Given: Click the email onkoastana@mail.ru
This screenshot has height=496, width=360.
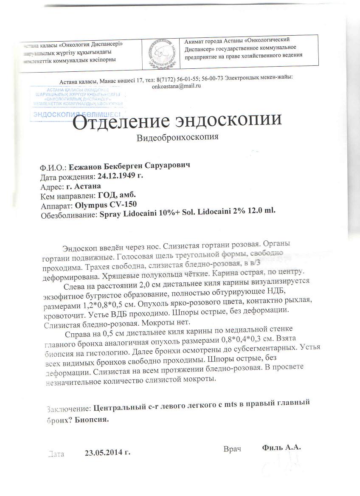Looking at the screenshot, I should pyautogui.click(x=176, y=85).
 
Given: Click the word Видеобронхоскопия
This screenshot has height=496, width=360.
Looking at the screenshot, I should pyautogui.click(x=178, y=138).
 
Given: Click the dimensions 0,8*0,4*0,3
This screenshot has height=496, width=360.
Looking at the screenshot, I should pyautogui.click(x=246, y=339).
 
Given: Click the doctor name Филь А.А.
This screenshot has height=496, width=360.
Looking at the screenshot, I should pyautogui.click(x=281, y=447).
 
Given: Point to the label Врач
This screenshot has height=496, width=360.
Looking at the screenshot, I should pyautogui.click(x=232, y=449).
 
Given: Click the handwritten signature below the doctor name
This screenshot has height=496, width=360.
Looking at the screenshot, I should pyautogui.click(x=282, y=467).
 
